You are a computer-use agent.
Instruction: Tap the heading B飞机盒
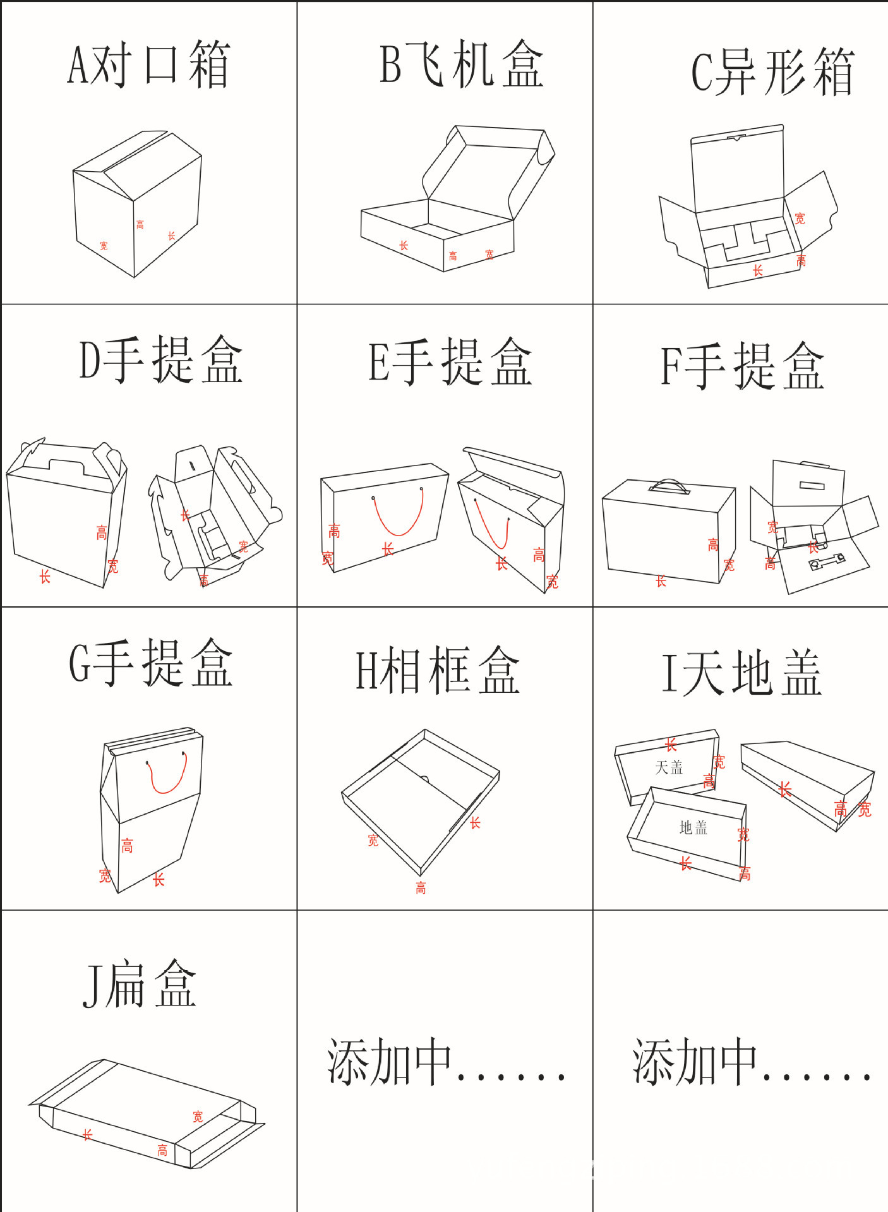pos(461,64)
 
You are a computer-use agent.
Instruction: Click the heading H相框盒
pos(437,671)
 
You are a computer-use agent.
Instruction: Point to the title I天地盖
pos(741,674)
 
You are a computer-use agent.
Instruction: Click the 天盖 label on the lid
pos(669,767)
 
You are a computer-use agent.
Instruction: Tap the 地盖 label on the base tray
pos(693,827)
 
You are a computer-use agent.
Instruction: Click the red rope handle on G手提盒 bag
pos(167,775)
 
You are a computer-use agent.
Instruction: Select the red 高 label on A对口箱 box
pos(140,224)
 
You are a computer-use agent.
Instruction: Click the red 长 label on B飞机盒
pos(404,245)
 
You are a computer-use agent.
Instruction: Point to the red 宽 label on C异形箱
pos(800,219)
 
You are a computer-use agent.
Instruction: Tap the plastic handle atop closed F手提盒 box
pos(669,486)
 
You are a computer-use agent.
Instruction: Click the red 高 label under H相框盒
pos(421,888)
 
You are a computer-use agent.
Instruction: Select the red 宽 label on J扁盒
pos(198,1117)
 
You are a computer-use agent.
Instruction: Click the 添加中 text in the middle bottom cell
pos(445,1062)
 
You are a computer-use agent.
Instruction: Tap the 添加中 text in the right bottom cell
pos(752,1062)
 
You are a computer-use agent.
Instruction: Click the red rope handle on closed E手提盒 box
pos(399,515)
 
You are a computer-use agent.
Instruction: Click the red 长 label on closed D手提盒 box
pos(45,576)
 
